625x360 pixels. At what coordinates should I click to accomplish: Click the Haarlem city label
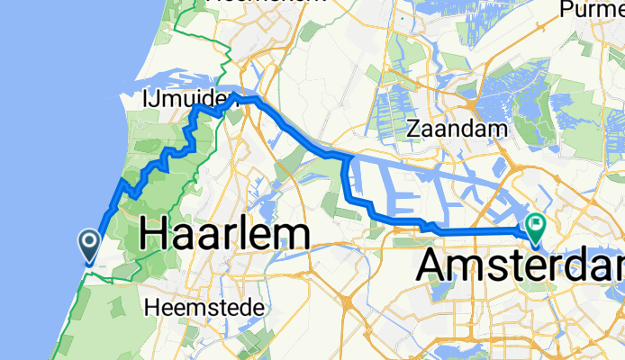point(225,235)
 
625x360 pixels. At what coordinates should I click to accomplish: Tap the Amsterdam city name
point(522,265)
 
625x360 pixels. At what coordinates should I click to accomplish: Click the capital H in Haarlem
point(155,235)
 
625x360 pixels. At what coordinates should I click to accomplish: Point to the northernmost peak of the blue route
point(233,94)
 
